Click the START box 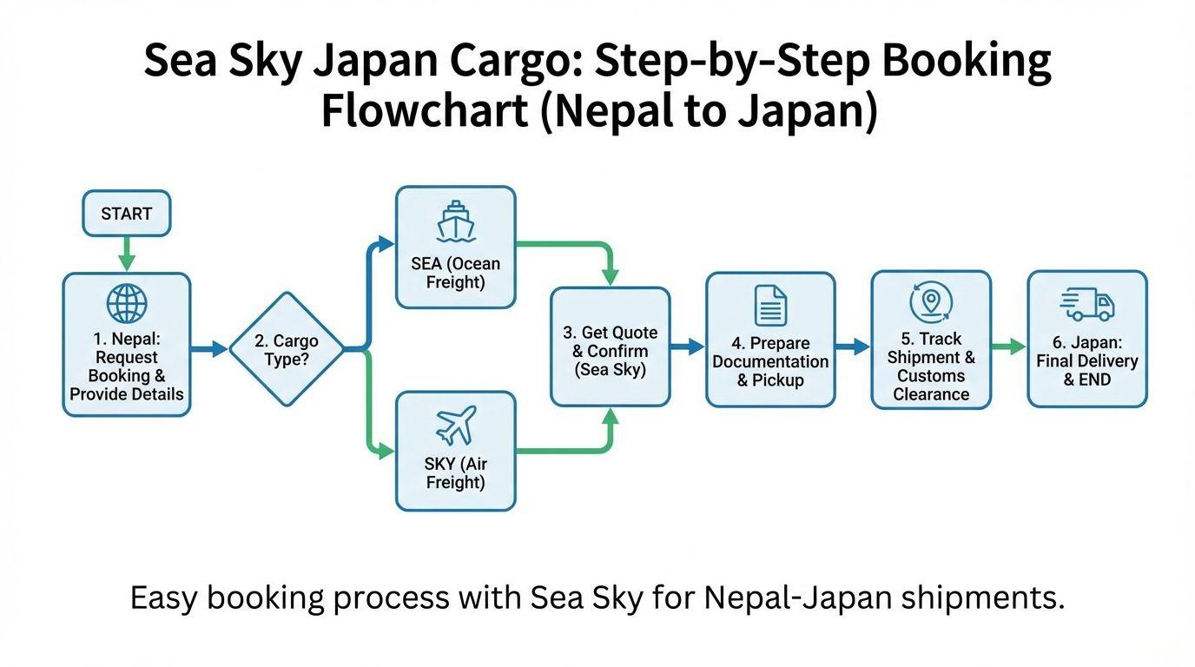(x=126, y=214)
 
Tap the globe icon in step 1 (x=127, y=304)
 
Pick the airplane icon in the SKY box (x=456, y=426)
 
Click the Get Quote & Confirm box (x=610, y=347)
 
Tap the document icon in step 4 (x=770, y=306)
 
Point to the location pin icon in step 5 (x=931, y=301)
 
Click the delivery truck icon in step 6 (x=1087, y=305)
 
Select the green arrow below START (x=127, y=253)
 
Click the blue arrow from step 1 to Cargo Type (x=209, y=349)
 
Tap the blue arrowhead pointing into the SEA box (x=387, y=244)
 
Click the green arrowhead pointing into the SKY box (x=387, y=452)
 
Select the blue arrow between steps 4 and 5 (x=853, y=347)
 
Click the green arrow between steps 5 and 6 (x=1009, y=347)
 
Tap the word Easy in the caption (x=165, y=598)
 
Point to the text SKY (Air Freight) (x=455, y=473)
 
